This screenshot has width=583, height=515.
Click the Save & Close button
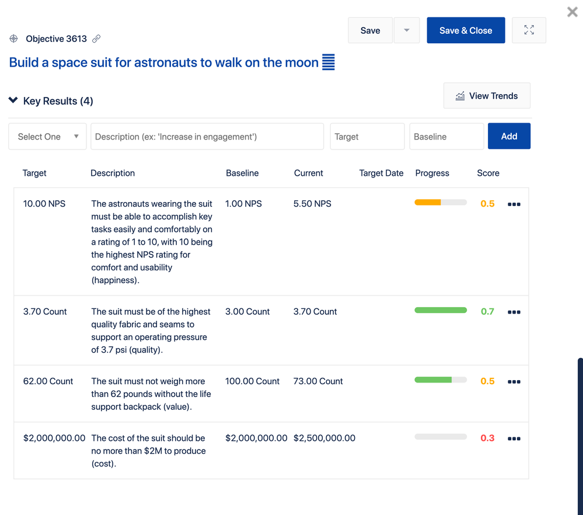point(466,30)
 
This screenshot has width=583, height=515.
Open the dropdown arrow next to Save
point(407,30)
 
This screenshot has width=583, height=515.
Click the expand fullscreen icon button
point(529,30)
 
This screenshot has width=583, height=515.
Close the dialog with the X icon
point(572,12)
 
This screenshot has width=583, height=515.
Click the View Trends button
point(487,96)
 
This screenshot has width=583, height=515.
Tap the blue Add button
point(509,136)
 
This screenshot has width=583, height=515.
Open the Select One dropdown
point(48,137)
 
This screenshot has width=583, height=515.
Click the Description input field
point(207,137)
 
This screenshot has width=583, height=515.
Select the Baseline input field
point(446,137)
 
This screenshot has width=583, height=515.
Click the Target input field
point(367,137)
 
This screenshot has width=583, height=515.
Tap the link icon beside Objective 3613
point(96,39)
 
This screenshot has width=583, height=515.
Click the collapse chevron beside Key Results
point(13,100)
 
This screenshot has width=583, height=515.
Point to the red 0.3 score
point(487,438)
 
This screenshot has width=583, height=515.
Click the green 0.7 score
point(487,311)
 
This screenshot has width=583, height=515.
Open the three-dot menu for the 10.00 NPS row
point(514,204)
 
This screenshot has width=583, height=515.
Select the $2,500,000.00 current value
point(324,438)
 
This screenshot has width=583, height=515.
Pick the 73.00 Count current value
point(318,381)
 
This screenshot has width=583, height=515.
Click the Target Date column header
point(381,173)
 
